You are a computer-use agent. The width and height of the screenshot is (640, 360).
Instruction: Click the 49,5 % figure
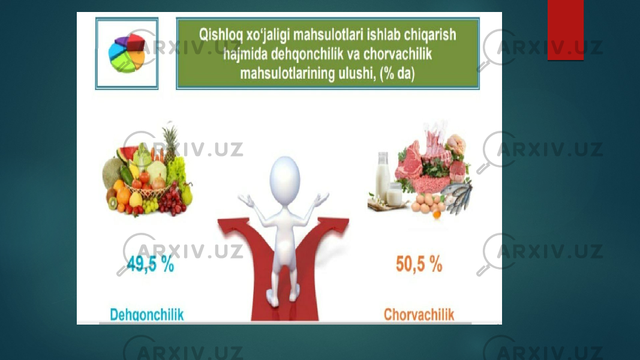coord(150,264)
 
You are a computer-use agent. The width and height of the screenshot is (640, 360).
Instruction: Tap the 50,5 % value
coord(419,264)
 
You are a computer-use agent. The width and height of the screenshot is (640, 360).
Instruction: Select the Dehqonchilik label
coord(147,314)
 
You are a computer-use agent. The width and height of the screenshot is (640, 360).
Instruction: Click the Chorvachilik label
coord(419,314)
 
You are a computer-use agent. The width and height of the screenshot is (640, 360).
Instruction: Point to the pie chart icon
coord(127,53)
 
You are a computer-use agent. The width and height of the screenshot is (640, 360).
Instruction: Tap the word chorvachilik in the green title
coord(397,54)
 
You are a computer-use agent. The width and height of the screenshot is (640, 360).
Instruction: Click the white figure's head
coord(285,179)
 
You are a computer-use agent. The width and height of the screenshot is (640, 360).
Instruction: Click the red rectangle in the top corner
coord(565,30)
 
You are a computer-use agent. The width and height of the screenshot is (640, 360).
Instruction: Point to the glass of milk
coord(394,194)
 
